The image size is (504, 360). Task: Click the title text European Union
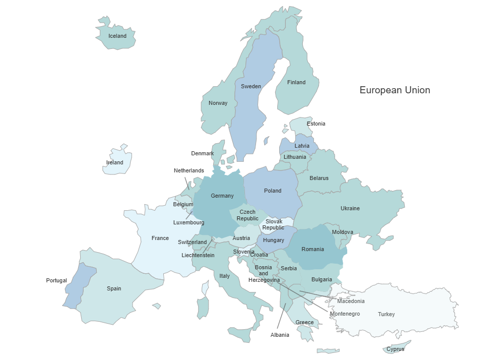point(395,90)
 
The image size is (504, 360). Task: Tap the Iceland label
point(117,36)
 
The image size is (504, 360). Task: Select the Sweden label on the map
point(251,86)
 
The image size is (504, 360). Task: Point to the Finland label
point(296,82)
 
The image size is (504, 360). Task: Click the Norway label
point(218,103)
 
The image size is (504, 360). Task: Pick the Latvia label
point(302,146)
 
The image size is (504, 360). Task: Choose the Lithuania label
point(295,157)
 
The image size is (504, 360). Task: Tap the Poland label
point(273,191)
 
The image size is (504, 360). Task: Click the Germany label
point(222,196)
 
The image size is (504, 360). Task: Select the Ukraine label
point(350,208)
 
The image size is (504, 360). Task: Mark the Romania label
point(312,249)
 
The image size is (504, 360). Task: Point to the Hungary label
point(274,241)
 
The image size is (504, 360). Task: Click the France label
point(160,238)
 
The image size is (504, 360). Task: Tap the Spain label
point(114,288)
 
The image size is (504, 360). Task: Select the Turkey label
point(387,314)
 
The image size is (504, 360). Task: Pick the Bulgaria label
point(322,279)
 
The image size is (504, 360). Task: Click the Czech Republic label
point(247,215)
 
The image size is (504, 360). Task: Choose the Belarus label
point(319,178)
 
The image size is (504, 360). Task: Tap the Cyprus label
point(396,349)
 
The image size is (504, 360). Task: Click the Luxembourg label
point(188,222)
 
